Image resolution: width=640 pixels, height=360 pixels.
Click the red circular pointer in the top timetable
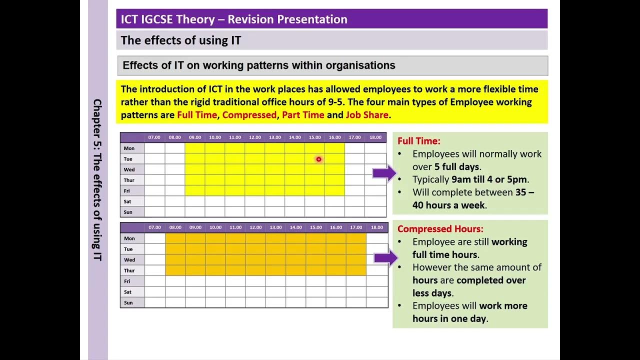point(318,159)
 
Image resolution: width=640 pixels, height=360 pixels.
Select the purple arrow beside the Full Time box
point(383,173)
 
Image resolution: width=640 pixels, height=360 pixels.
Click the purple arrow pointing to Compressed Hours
point(385,258)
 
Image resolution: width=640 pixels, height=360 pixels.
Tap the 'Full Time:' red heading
point(418,141)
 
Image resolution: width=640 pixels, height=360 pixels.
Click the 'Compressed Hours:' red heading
point(440,229)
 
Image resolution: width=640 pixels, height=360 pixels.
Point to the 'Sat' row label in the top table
point(128,201)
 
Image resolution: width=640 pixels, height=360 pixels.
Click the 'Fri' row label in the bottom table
point(128,281)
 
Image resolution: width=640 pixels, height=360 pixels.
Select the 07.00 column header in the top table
point(154,137)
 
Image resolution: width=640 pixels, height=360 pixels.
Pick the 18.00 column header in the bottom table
point(376,227)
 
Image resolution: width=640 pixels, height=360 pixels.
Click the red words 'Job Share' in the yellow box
point(366,115)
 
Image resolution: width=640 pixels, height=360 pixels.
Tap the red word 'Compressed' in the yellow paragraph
point(249,115)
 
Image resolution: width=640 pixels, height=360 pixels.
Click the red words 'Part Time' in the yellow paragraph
point(303,115)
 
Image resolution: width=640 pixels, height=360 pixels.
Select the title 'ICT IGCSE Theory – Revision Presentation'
point(234,19)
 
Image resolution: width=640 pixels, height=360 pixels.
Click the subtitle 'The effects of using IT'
point(181,40)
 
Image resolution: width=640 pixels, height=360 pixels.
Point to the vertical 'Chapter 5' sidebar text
point(97,180)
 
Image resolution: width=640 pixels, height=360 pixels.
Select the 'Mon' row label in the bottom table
point(129,238)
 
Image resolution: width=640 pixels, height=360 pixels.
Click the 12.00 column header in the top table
point(254,137)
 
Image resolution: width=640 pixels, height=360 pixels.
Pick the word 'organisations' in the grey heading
point(360,65)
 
